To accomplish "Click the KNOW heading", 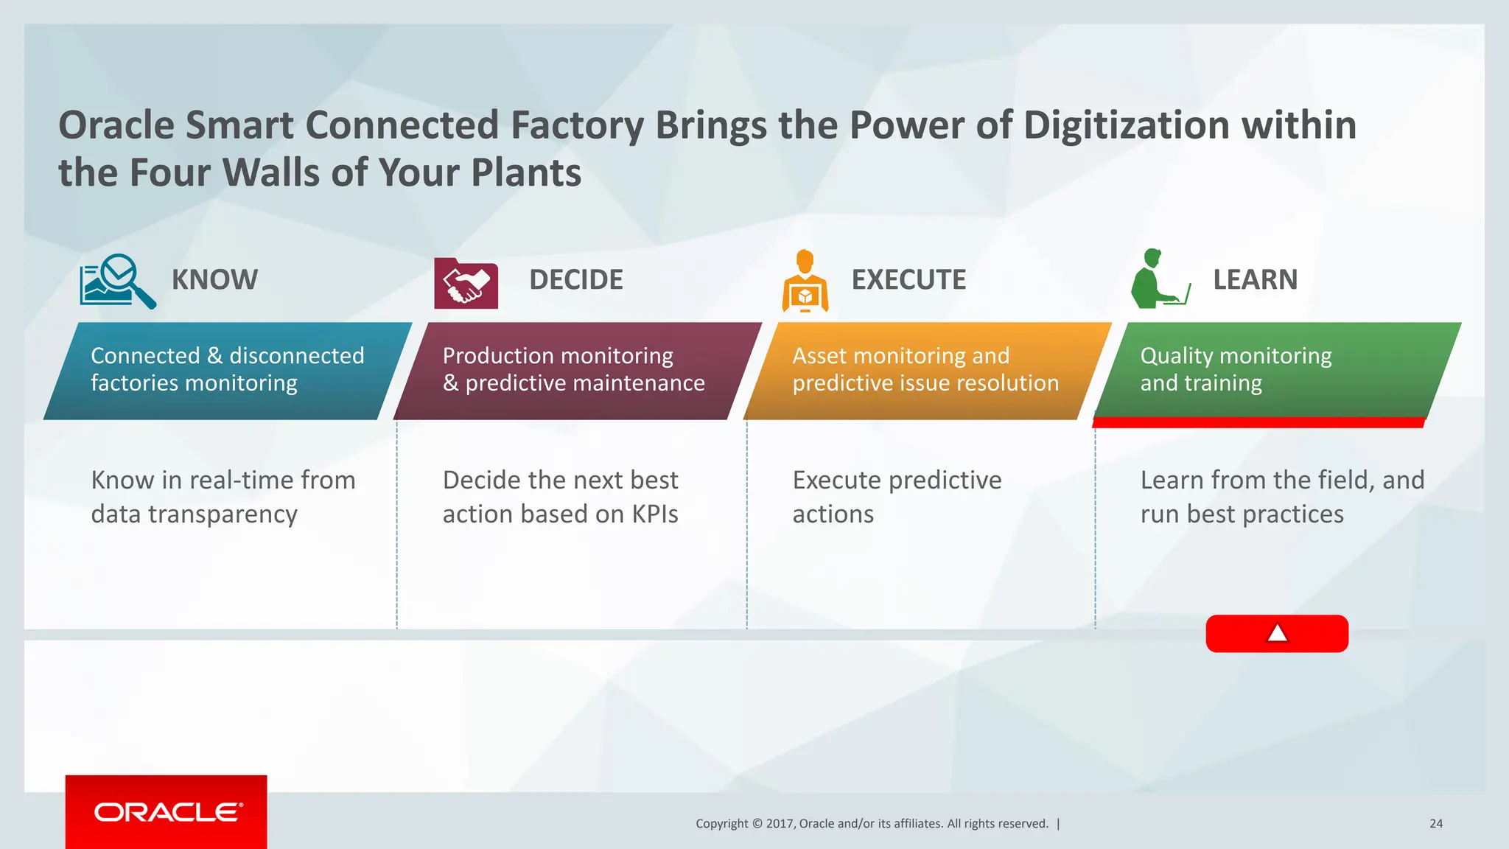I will pos(214,280).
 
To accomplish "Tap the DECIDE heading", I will pos(575,280).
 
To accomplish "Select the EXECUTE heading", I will pos(908,280).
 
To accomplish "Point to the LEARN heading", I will pos(1255,280).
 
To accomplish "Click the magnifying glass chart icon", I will pos(117,281).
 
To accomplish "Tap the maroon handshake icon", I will pos(466,284).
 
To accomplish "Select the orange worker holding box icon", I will pos(805,282).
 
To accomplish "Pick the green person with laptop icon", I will pos(1159,280).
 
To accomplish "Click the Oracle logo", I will pos(167,812).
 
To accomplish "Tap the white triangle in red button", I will pos(1277,633).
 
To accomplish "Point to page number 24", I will pos(1435,824).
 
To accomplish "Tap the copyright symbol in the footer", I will pos(757,824).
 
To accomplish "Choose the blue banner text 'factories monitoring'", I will pos(194,383).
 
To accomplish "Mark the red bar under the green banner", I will pos(1258,422).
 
